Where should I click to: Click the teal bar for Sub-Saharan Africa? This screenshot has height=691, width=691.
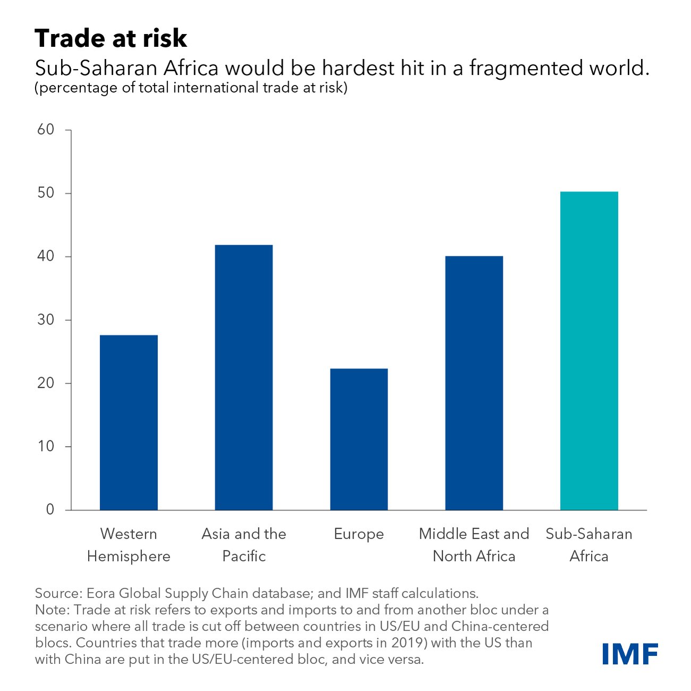589,351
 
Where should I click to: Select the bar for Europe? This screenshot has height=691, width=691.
359,439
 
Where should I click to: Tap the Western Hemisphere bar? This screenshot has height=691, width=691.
129,422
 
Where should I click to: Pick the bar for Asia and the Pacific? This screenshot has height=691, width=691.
243,378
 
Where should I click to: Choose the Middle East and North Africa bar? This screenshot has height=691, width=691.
474,383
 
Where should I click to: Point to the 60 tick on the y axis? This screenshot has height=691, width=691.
46,130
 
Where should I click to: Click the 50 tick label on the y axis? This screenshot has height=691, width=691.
46,193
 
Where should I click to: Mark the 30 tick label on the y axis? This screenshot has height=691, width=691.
46,320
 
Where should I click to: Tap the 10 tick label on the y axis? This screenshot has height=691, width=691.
46,446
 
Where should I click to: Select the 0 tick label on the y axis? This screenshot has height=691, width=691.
50,510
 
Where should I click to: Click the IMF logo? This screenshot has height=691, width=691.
630,654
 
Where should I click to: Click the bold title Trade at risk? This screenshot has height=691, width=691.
111,38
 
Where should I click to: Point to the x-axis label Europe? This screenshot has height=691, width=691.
359,534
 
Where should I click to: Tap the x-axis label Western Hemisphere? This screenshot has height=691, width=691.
129,545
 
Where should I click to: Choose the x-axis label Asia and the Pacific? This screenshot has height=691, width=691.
243,545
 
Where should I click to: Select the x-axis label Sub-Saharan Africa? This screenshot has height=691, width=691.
589,545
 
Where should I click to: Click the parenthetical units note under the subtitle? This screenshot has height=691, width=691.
191,88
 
